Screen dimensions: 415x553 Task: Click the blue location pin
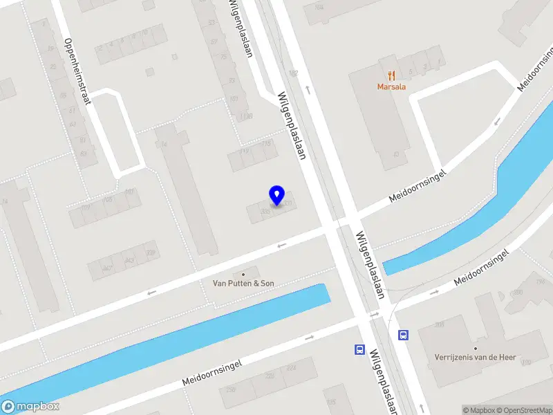(277, 195)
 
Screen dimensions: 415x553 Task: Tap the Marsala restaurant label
(391, 87)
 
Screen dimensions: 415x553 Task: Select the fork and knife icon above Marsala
(391, 75)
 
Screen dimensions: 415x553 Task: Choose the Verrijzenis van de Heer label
(475, 358)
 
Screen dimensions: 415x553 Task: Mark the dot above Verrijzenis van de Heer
(476, 348)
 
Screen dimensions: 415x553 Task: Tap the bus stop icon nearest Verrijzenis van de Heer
(403, 335)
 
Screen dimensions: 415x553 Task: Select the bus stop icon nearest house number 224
(359, 349)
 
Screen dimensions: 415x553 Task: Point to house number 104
(319, 7)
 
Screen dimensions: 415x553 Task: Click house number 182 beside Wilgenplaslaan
(293, 73)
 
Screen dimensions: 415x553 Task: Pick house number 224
(291, 368)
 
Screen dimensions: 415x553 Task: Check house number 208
(440, 324)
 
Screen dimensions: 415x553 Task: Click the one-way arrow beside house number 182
(308, 89)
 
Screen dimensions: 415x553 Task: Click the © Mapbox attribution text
(477, 411)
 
